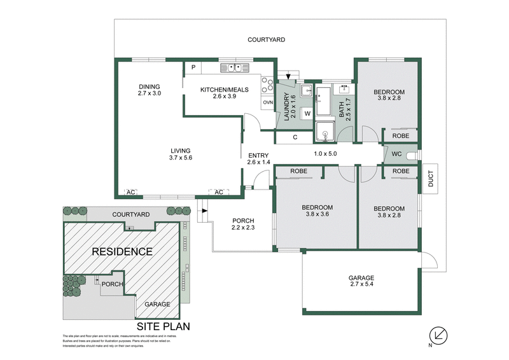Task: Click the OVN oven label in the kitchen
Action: pyautogui.click(x=268, y=102)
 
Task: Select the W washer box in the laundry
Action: pyautogui.click(x=307, y=113)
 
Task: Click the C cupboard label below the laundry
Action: pyautogui.click(x=295, y=137)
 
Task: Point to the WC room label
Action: pyautogui.click(x=396, y=154)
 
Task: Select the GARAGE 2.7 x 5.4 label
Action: pyautogui.click(x=361, y=282)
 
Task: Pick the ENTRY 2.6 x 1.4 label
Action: pyautogui.click(x=258, y=158)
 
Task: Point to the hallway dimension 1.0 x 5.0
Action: pyautogui.click(x=325, y=153)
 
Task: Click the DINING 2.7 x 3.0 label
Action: pyautogui.click(x=150, y=90)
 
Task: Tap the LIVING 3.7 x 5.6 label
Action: pyautogui.click(x=181, y=153)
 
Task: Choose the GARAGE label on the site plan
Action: pyautogui.click(x=157, y=304)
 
